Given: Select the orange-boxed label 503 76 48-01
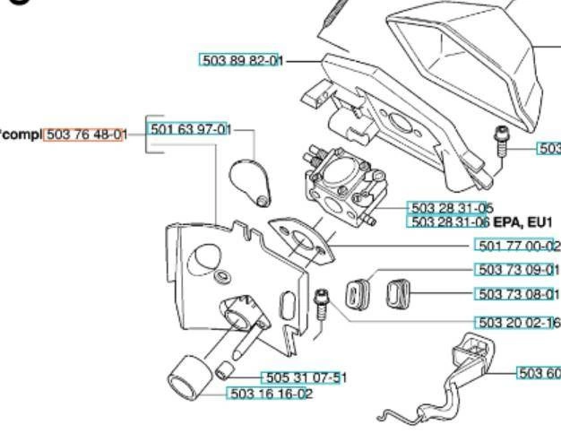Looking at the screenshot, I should pyautogui.click(x=85, y=134).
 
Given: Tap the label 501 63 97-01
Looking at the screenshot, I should pyautogui.click(x=189, y=129).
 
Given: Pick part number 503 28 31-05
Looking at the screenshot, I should pyautogui.click(x=450, y=208).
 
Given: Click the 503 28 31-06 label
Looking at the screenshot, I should pyautogui.click(x=450, y=221).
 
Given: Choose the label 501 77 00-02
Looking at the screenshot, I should pyautogui.click(x=517, y=247).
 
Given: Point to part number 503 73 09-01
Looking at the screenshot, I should pyautogui.click(x=517, y=270).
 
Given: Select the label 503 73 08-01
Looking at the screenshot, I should pyautogui.click(x=517, y=294).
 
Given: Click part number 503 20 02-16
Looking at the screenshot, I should pyautogui.click(x=517, y=323).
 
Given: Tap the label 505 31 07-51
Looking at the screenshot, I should pyautogui.click(x=301, y=378).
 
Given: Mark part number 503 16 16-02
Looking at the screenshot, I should pyautogui.click(x=271, y=394).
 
